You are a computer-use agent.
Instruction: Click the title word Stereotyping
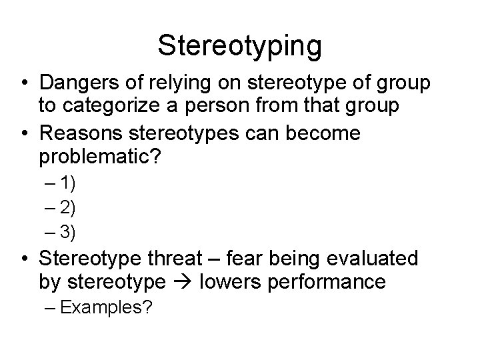(240, 45)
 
